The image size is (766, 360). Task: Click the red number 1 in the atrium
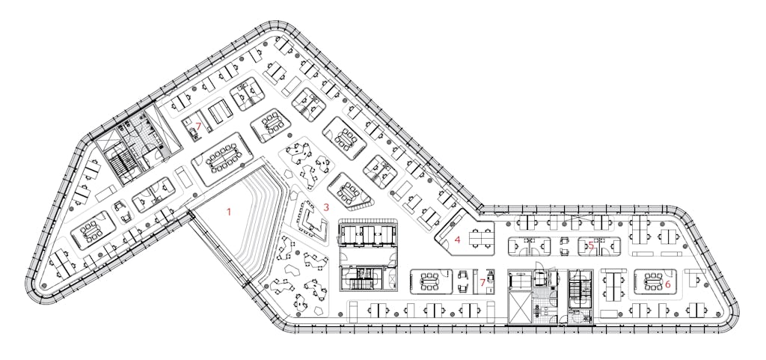(227, 212)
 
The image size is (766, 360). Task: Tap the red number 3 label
(326, 207)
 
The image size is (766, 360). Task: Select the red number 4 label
(457, 240)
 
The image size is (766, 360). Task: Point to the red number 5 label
(591, 245)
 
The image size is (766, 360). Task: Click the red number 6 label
(667, 283)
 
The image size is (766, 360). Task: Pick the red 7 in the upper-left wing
(198, 126)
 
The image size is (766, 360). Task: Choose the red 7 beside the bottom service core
(482, 282)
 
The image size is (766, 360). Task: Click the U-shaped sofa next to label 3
(312, 220)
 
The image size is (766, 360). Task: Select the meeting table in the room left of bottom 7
(429, 281)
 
